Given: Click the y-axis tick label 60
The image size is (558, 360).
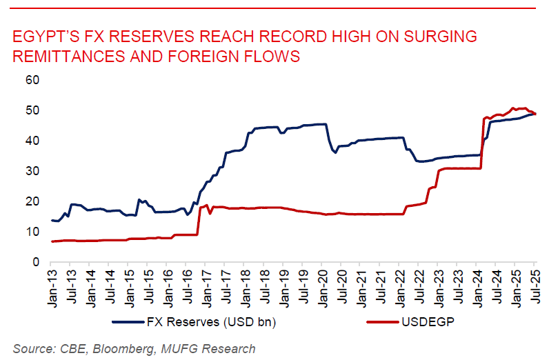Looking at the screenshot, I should coord(32,80).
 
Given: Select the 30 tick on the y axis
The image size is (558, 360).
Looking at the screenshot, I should coord(32,171).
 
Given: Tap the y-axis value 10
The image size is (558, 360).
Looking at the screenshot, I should coord(32,232).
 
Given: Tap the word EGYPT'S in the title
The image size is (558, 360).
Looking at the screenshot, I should coord(44,37).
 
